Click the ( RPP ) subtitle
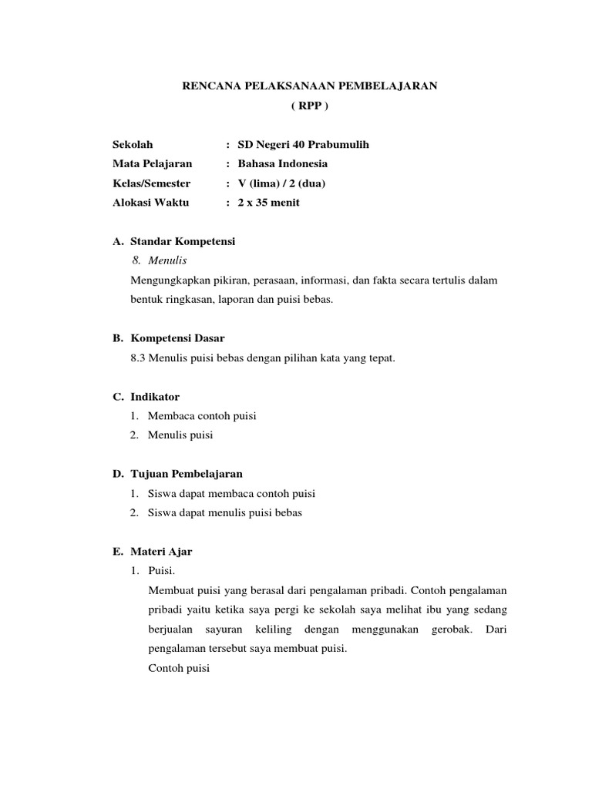pyautogui.click(x=309, y=106)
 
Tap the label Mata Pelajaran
pyautogui.click(x=153, y=163)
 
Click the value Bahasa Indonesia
pyautogui.click(x=283, y=163)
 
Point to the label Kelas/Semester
pyautogui.click(x=151, y=183)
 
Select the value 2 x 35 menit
pyautogui.click(x=269, y=203)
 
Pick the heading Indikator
pyautogui.click(x=155, y=397)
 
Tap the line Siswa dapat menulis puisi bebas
pyautogui.click(x=224, y=513)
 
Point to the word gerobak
pyautogui.click(x=449, y=630)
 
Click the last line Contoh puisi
pyautogui.click(x=179, y=668)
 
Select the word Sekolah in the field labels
pyautogui.click(x=133, y=144)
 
